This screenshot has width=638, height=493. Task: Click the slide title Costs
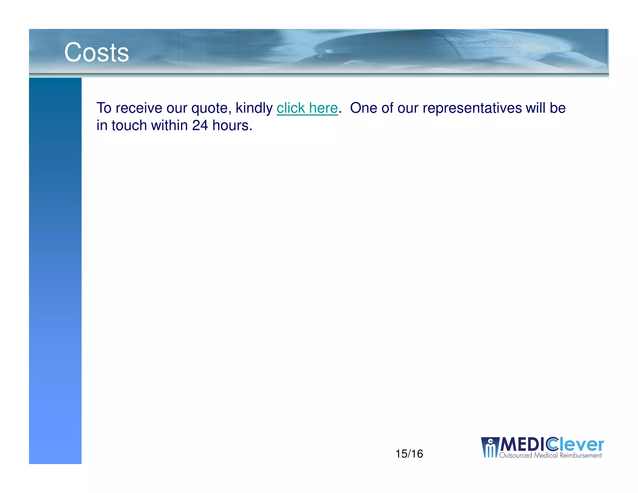point(96,52)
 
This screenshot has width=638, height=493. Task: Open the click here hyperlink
point(307,108)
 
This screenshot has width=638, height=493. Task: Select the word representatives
point(472,108)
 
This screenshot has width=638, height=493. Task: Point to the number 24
point(200,125)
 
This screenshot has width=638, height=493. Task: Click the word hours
point(232,125)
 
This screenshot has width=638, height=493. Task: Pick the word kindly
point(254,108)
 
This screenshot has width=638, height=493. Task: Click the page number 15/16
point(409,454)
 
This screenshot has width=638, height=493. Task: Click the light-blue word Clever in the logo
point(576,444)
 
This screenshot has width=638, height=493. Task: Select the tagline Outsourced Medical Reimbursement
point(550,456)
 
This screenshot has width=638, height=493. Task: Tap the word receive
point(139,108)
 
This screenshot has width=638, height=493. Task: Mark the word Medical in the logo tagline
point(546,456)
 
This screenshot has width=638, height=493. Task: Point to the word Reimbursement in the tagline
point(581,456)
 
